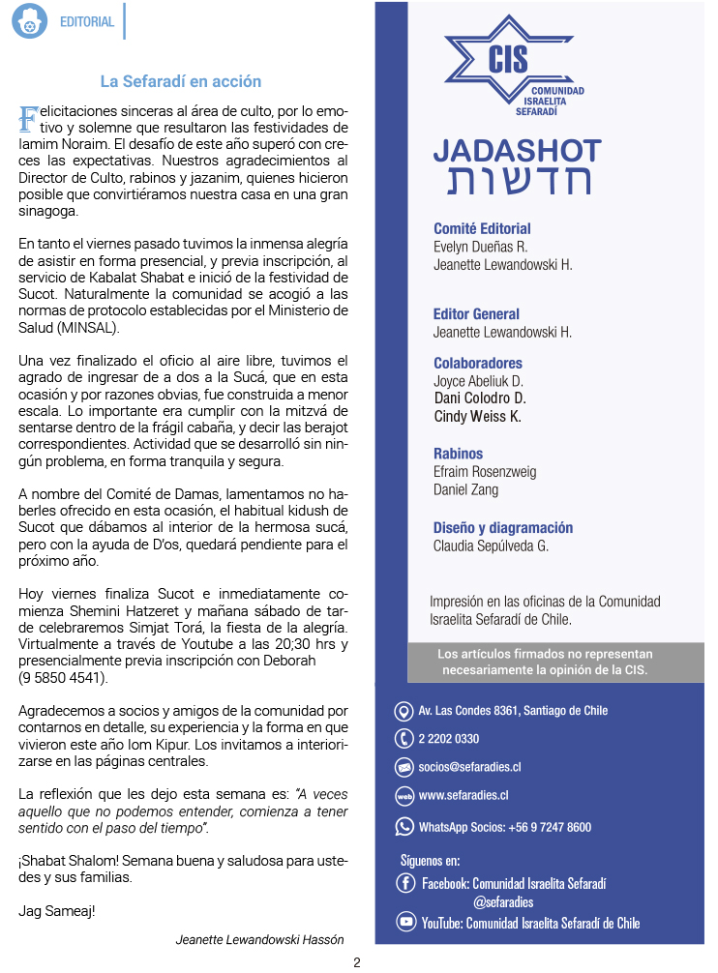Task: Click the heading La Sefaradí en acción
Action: point(181,81)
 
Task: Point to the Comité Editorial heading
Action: point(482,229)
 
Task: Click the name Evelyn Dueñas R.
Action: point(480,247)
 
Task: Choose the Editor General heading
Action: point(476,314)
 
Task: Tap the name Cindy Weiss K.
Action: point(477,416)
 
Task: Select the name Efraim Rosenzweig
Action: point(484,472)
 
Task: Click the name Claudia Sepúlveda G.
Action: point(491,545)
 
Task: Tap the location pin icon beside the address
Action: point(404,712)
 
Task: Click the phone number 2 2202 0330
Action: point(449,739)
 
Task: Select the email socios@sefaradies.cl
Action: point(469,767)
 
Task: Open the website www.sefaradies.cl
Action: point(464,796)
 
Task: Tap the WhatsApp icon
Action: point(404,827)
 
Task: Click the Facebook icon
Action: point(406,883)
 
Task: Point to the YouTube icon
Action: point(406,923)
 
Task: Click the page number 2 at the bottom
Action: point(357,962)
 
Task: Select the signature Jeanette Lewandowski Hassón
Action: point(259,939)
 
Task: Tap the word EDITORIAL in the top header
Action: point(86,21)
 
